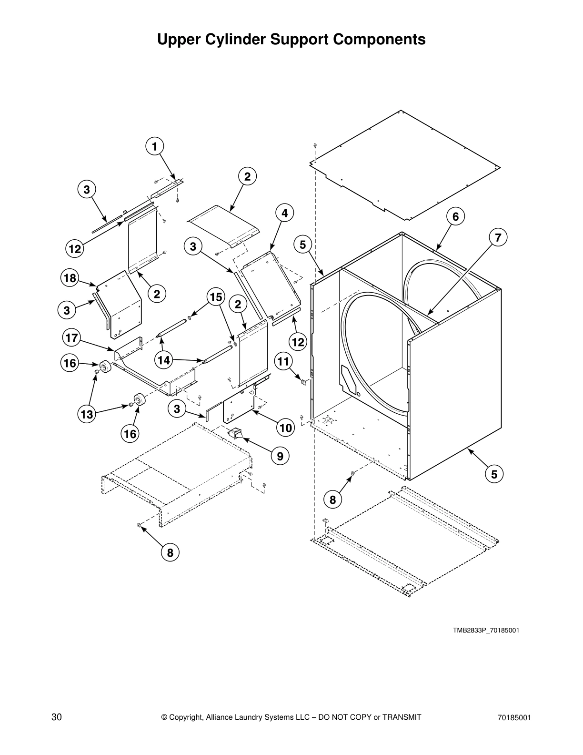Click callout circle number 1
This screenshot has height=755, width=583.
(x=154, y=146)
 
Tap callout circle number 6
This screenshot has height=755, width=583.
(x=455, y=216)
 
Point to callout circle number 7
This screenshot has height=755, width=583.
(x=498, y=237)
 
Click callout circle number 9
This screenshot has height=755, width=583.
(x=280, y=456)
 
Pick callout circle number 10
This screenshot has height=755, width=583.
(x=286, y=428)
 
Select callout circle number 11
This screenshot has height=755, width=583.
(x=283, y=361)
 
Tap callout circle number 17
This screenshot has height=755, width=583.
(x=71, y=338)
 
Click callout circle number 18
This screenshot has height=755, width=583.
(x=70, y=277)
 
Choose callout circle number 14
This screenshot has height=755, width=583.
(x=163, y=360)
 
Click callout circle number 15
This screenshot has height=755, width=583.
(x=215, y=297)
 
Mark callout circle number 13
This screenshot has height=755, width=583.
(x=87, y=414)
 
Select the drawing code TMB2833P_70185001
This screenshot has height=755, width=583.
(x=485, y=630)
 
